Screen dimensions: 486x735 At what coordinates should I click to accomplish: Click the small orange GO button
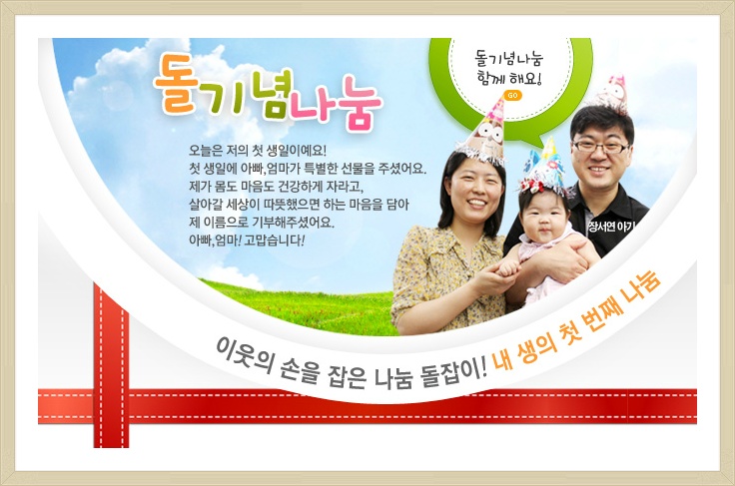tap(512, 96)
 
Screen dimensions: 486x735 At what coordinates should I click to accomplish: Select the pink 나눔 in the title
tap(335, 106)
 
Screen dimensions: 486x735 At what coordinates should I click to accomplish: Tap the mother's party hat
tap(483, 133)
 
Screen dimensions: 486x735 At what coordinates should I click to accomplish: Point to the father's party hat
tap(611, 92)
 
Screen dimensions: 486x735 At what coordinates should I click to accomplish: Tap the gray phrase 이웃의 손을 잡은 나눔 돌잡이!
tap(351, 362)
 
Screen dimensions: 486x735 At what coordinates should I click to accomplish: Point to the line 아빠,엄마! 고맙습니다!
tap(246, 240)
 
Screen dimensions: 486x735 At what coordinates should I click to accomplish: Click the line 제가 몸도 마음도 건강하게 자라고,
tap(273, 186)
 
